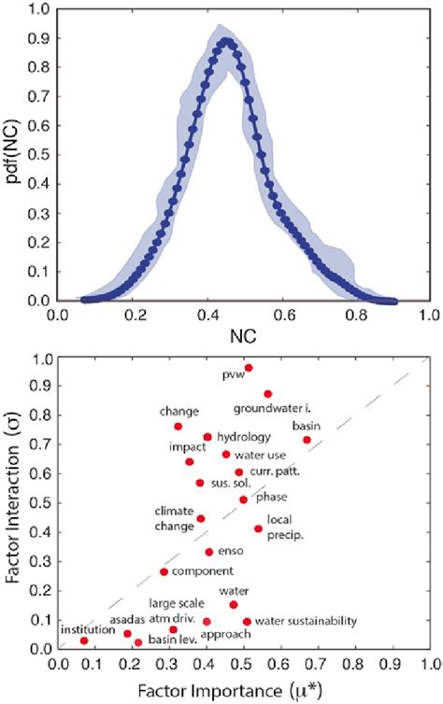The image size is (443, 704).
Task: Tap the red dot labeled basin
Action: pyautogui.click(x=307, y=440)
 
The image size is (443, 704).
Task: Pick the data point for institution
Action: pyautogui.click(x=84, y=641)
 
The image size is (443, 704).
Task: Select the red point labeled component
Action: pyautogui.click(x=164, y=571)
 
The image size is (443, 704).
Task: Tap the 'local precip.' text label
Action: pyautogui.click(x=286, y=528)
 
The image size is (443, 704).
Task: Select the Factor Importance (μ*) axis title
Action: pyautogui.click(x=240, y=692)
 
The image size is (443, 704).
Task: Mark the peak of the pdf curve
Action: pyautogui.click(x=226, y=41)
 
